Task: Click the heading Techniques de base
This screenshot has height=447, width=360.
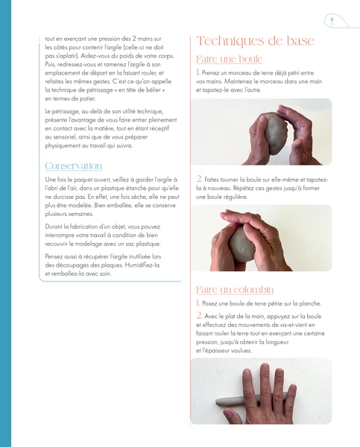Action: (255, 41)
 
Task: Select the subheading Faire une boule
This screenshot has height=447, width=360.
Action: (229, 59)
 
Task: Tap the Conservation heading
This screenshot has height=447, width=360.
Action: (73, 166)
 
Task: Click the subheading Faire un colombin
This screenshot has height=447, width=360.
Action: (235, 290)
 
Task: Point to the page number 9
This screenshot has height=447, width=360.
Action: (332, 20)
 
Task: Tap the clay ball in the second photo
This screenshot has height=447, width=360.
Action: (242, 244)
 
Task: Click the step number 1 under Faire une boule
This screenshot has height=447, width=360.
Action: (198, 72)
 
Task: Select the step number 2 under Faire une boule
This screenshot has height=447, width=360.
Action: (199, 179)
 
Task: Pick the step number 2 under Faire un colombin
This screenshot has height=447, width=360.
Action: (199, 316)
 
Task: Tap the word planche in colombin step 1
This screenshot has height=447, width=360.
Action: (310, 304)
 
